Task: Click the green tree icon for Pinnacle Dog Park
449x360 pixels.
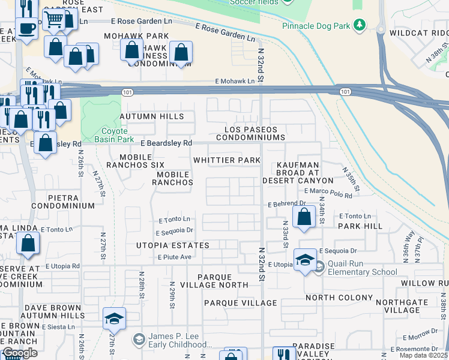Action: tap(360, 25)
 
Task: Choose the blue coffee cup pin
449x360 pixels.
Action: tap(26, 28)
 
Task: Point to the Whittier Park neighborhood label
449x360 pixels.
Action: tap(227, 160)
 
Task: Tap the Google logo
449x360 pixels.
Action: tap(20, 353)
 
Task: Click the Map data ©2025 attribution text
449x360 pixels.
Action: tap(424, 356)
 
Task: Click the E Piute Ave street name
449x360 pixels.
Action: tap(174, 257)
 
